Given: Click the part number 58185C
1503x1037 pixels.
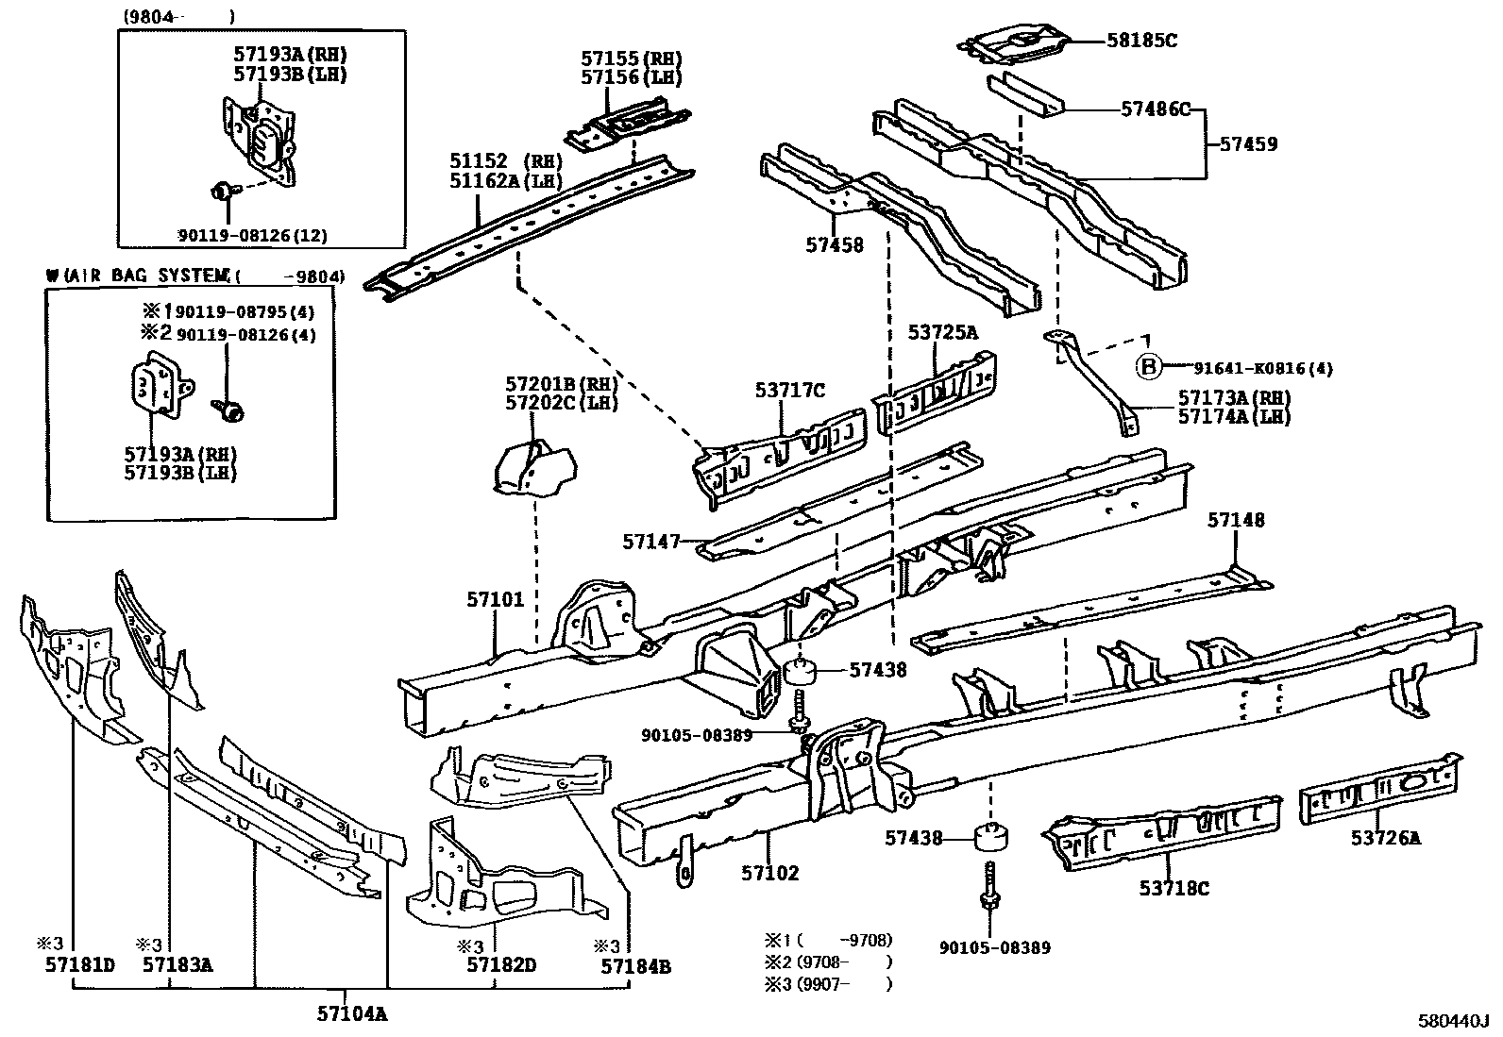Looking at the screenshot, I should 1142,41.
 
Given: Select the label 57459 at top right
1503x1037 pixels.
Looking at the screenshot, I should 1248,144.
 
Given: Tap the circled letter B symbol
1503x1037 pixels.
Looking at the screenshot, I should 1149,367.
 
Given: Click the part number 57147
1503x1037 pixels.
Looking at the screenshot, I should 651,542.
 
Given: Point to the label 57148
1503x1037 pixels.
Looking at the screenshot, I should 1237,520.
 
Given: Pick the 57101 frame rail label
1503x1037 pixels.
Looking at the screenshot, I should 495,599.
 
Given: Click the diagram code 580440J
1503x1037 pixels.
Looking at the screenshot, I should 1452,1022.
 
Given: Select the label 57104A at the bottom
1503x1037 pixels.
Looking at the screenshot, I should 352,1014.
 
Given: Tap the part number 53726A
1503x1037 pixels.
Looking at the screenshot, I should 1385,837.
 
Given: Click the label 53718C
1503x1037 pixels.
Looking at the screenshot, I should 1174,888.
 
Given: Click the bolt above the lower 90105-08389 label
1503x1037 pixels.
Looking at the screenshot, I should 990,884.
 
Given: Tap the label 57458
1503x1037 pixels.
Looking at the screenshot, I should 835,245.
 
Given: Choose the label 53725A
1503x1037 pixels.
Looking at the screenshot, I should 943,332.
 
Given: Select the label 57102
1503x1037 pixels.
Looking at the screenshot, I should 770,873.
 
